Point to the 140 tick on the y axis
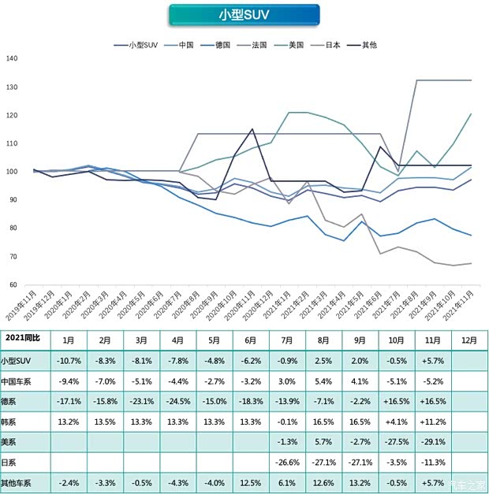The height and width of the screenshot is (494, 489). click(11, 59)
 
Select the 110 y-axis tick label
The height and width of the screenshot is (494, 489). click(11, 144)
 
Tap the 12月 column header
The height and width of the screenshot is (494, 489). click(468, 339)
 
